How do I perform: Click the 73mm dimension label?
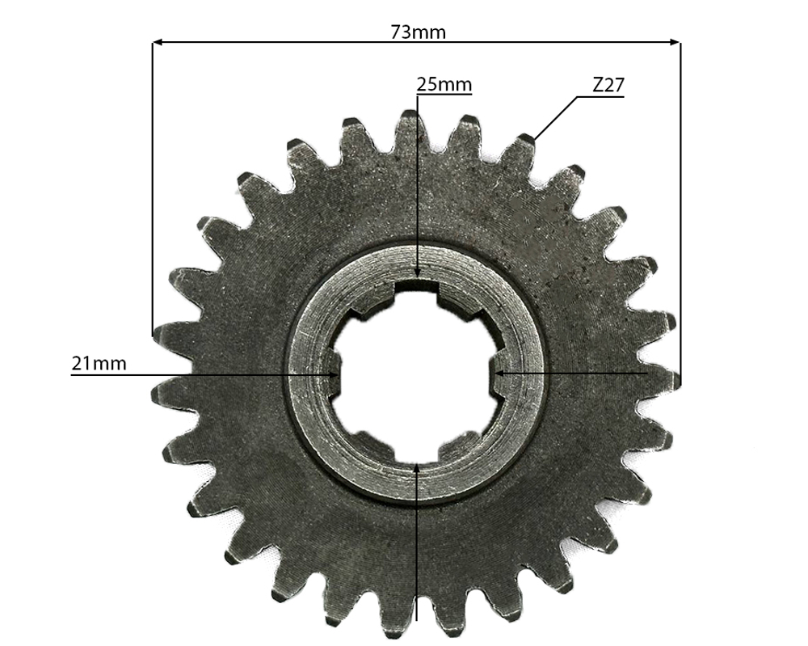pos(418,32)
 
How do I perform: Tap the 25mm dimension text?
pos(444,83)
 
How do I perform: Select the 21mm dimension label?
pos(99,364)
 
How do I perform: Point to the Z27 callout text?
pos(608,85)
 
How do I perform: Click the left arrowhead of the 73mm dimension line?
pos(158,42)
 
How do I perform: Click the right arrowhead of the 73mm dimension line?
pos(675,42)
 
